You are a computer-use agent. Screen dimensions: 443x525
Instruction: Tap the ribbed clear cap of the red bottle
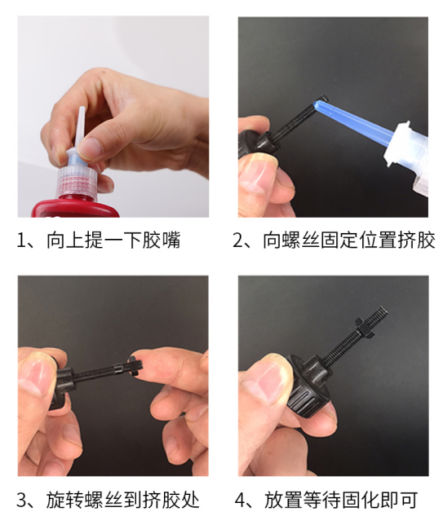coord(78,183)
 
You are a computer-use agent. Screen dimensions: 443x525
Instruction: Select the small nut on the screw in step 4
coord(363,327)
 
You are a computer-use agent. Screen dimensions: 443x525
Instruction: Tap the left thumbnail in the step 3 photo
coord(38,377)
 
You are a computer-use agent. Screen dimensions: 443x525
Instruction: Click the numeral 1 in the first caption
coord(21,240)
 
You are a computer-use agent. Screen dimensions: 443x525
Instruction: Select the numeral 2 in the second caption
coord(238,240)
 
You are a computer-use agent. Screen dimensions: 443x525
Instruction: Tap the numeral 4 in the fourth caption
coord(241,500)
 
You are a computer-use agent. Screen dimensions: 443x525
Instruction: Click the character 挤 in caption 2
coord(407,240)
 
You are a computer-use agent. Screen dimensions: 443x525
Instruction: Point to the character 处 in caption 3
coord(190,500)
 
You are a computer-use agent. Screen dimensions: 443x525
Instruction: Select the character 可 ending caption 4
coord(409,500)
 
